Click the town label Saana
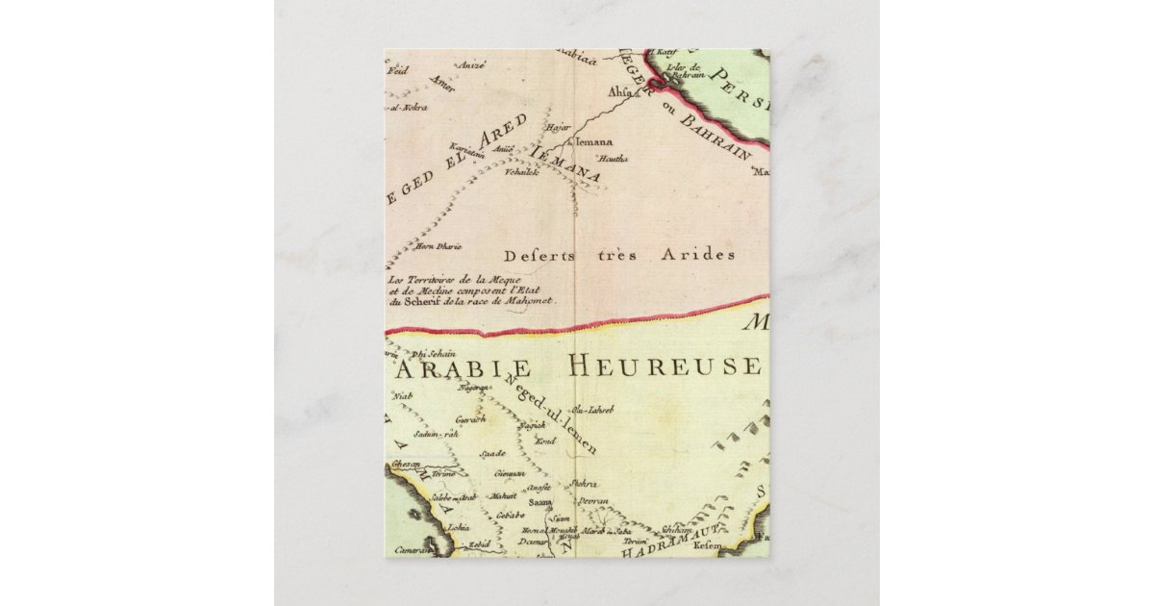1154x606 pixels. [541, 502]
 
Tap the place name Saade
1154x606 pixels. [493, 452]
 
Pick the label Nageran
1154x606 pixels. [474, 388]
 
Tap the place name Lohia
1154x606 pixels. [459, 527]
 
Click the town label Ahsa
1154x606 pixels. [621, 92]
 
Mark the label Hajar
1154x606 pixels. [558, 127]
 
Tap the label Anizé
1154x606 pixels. [473, 64]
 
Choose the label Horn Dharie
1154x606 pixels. [432, 247]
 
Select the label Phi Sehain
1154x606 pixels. [433, 354]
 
